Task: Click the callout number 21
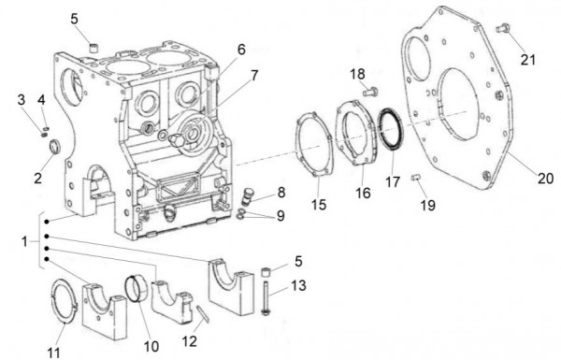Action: [529, 59]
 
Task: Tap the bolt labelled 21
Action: [502, 28]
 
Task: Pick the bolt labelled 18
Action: [368, 91]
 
